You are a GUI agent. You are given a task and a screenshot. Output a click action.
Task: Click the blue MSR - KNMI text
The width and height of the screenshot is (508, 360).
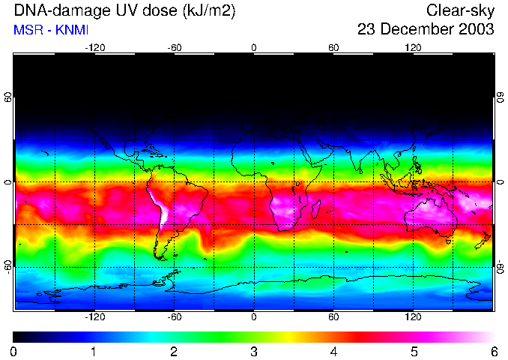pyautogui.click(x=48, y=30)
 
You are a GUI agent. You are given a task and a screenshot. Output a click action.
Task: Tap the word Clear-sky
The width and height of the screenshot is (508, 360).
pyautogui.click(x=460, y=11)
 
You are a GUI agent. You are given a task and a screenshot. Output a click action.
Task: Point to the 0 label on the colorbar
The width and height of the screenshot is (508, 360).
pyautogui.click(x=14, y=351)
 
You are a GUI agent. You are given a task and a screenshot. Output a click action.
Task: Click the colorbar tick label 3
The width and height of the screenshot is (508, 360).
pyautogui.click(x=253, y=351)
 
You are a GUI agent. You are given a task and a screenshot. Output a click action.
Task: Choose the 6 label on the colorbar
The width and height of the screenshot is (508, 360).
pyautogui.click(x=494, y=351)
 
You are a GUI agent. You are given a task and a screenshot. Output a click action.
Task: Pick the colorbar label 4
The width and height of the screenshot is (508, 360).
pyautogui.click(x=333, y=351)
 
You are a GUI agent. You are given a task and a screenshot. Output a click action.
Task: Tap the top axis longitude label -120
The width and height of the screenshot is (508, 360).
pyautogui.click(x=94, y=47)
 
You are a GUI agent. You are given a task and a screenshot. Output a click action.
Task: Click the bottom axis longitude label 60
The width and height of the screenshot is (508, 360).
pyautogui.click(x=334, y=317)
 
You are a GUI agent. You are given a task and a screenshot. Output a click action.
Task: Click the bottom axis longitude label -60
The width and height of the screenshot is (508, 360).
pyautogui.click(x=175, y=317)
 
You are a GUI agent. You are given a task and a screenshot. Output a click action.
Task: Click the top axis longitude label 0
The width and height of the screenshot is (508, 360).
pyautogui.click(x=254, y=47)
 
